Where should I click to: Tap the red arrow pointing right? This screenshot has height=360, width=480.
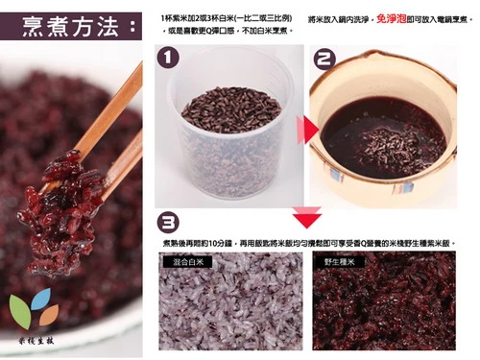click(x=300, y=130)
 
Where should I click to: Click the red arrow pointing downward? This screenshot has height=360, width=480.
click(x=306, y=213)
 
